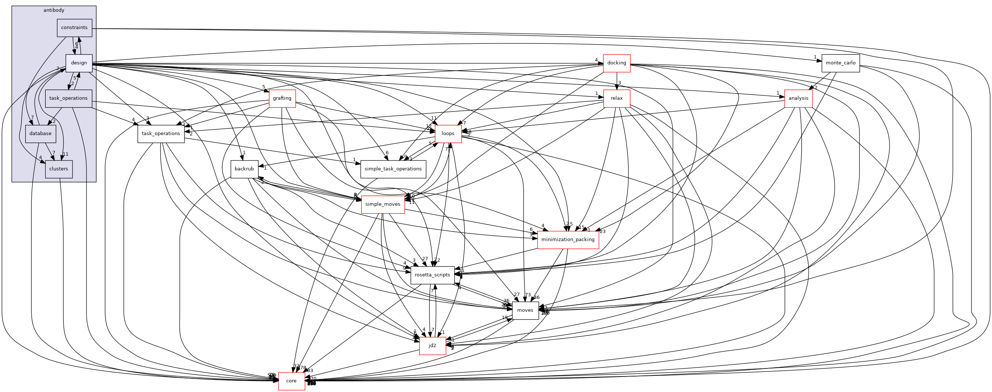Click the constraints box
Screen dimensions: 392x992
(74, 28)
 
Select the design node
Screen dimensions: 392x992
(79, 63)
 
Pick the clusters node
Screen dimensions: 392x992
(59, 169)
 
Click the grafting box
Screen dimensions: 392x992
(282, 99)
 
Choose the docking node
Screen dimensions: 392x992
(616, 63)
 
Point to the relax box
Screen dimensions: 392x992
(616, 99)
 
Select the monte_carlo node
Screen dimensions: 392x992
(840, 63)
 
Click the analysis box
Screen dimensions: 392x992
(798, 99)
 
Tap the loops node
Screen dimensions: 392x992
(448, 134)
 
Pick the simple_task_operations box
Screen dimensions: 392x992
(393, 169)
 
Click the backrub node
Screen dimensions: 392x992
(244, 169)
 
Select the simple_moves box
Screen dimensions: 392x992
(383, 204)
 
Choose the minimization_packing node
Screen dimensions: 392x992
(568, 240)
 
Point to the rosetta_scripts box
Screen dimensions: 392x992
(432, 275)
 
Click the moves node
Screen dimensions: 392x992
(525, 310)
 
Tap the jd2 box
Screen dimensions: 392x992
(432, 346)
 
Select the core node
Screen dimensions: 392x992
(291, 381)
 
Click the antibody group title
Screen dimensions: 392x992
(53, 10)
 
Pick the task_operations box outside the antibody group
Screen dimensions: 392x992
(161, 134)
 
